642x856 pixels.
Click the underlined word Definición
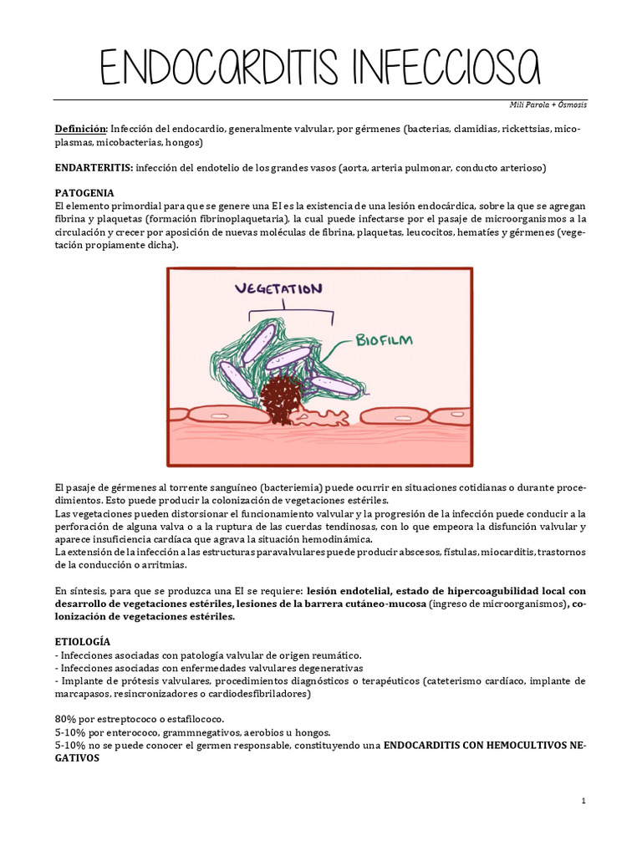point(80,130)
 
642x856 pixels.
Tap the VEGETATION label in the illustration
point(278,289)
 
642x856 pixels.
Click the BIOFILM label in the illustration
point(384,340)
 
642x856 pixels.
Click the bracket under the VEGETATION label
point(290,313)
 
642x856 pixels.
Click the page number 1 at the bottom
point(584,802)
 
